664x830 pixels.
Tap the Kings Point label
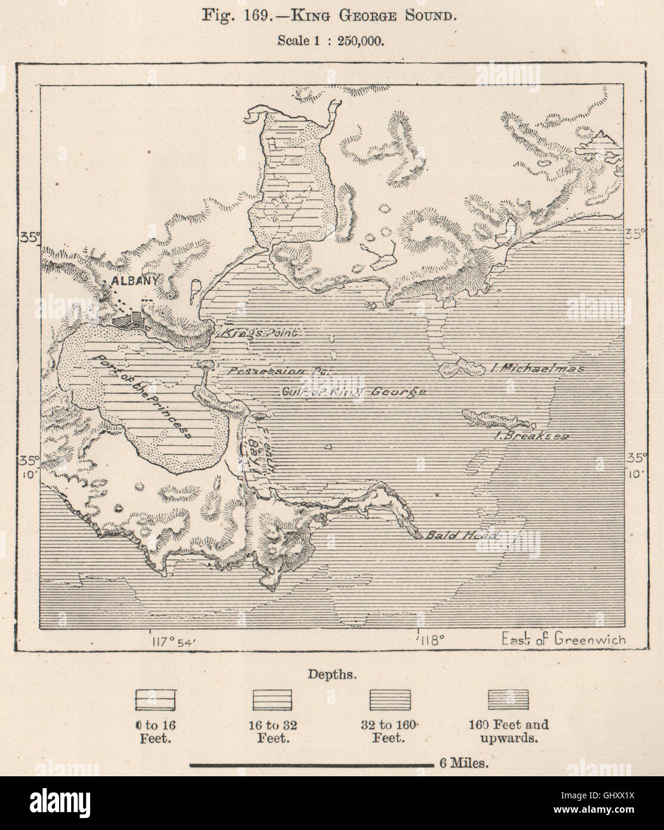click(x=260, y=333)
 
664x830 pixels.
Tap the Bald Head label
click(x=460, y=536)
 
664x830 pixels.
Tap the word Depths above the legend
click(x=333, y=675)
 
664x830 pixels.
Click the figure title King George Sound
click(x=331, y=14)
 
